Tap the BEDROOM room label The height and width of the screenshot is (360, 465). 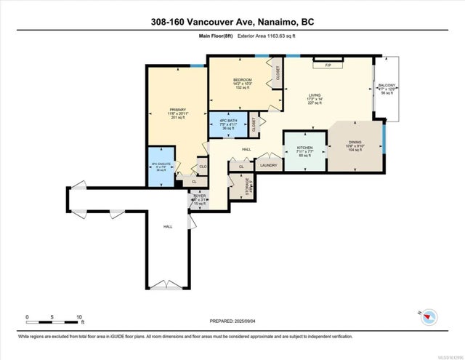tap(242, 80)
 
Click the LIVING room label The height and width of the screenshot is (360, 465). tap(315, 95)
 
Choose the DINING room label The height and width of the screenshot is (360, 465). tap(355, 143)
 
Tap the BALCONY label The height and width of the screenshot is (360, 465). tap(387, 85)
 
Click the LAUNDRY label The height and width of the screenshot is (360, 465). tap(268, 165)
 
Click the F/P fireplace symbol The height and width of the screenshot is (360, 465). tap(328, 65)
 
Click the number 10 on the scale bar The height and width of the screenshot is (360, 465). tap(80, 317)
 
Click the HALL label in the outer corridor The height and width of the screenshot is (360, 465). tap(168, 227)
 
